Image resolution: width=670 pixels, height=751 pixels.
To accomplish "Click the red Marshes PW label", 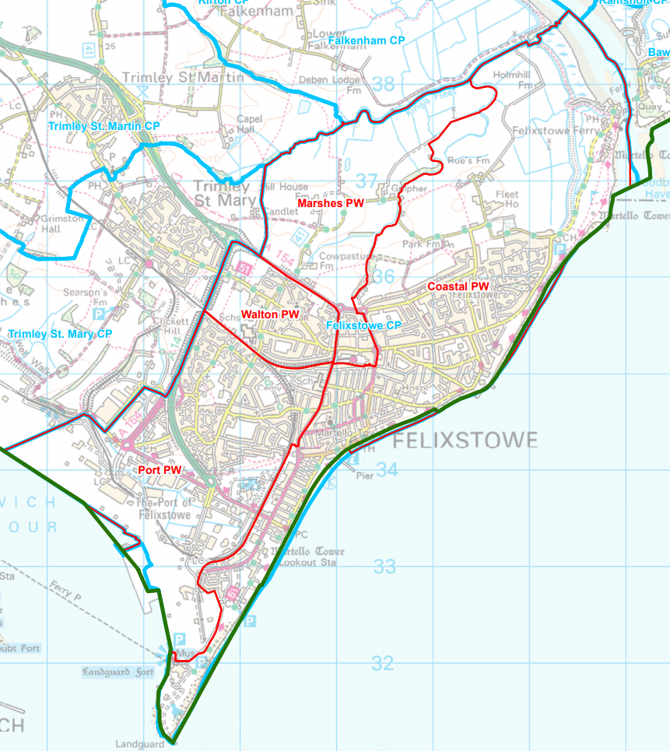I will [331, 203].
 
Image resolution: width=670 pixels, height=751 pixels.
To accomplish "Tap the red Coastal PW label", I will [458, 286].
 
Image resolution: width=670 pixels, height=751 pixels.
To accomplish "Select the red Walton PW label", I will [270, 314].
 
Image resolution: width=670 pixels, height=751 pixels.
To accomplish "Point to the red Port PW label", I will [160, 470].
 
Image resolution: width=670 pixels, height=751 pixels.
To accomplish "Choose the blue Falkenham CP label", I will [367, 40].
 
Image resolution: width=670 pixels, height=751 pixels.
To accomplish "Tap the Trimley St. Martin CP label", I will [103, 125].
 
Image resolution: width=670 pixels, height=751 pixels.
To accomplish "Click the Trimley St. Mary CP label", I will [60, 334].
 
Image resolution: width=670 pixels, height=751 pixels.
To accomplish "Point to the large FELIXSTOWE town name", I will [465, 441].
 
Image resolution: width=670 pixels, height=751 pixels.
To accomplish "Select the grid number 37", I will [367, 181].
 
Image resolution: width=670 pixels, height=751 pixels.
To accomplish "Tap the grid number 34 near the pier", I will [388, 470].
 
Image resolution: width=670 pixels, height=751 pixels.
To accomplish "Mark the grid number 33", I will [384, 567].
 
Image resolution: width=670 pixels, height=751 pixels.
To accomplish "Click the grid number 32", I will [382, 663].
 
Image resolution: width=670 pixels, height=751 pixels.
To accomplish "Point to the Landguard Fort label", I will [117, 671].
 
